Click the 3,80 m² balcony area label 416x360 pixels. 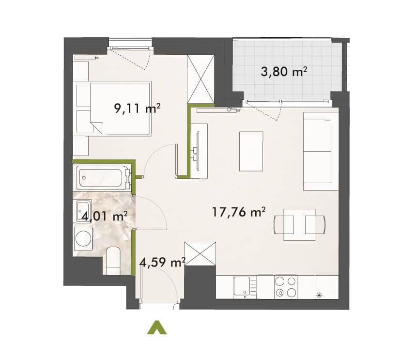[284, 72]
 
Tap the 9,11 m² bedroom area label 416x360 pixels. [137, 109]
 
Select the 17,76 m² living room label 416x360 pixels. [239, 212]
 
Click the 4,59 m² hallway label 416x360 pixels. [162, 263]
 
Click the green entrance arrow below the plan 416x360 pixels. [157, 328]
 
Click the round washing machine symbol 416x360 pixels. [83, 238]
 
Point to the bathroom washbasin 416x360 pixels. [83, 211]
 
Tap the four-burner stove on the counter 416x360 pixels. [286, 287]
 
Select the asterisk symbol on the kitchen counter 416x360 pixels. [320, 295]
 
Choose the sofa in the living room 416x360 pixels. [321, 151]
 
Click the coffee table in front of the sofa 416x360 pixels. [251, 152]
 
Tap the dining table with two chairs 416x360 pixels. [300, 225]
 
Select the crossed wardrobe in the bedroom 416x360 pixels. [200, 79]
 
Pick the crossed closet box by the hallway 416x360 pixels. [200, 253]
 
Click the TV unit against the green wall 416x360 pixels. [199, 150]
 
